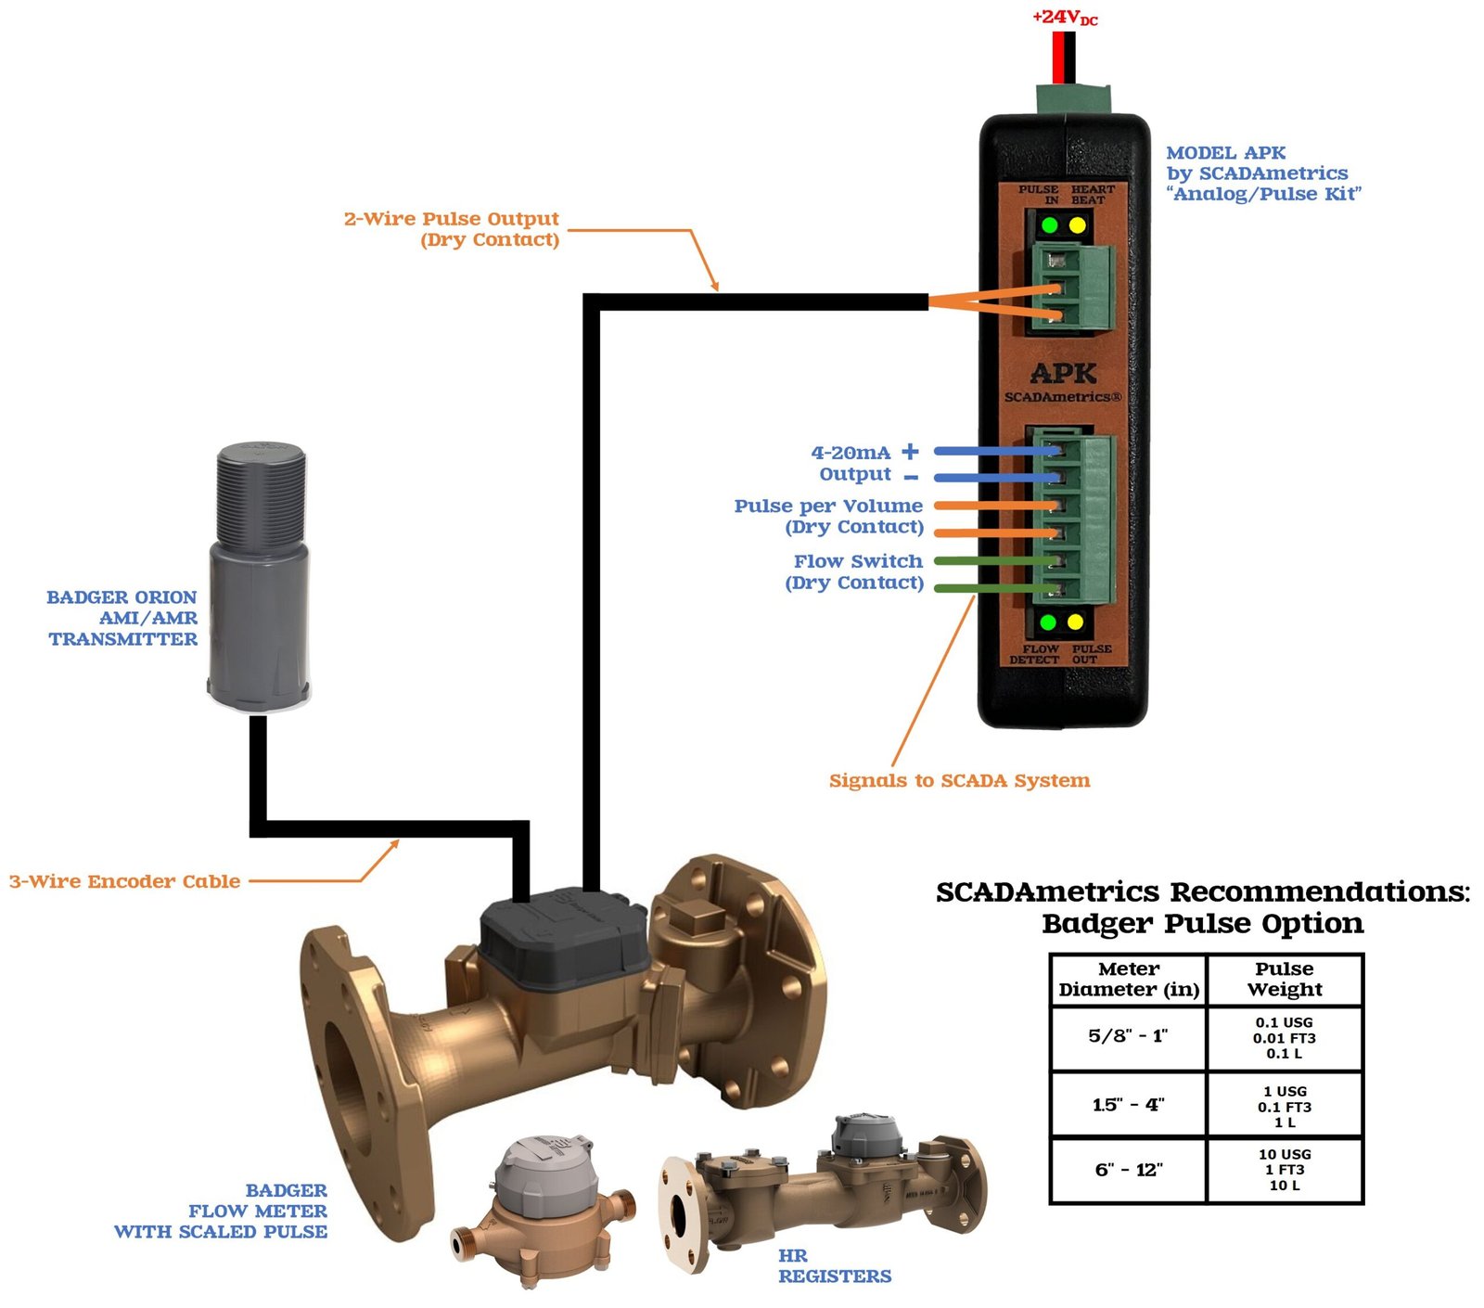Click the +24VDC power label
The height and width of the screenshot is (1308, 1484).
point(1064,18)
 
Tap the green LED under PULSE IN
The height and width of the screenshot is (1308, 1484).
point(1049,225)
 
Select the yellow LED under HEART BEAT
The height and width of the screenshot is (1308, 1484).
point(1077,225)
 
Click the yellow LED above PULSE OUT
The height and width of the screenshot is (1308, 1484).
point(1075,622)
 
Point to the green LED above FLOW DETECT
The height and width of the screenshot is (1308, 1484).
point(1048,622)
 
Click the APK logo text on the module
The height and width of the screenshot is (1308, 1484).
point(1063,374)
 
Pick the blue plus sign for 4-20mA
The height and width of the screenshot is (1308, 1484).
point(910,451)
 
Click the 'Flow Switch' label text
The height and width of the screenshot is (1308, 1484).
point(858,561)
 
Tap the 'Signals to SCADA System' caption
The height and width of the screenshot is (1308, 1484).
point(959,780)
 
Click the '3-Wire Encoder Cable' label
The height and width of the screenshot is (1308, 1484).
point(124,881)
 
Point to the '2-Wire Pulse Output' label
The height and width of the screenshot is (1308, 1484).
point(452,219)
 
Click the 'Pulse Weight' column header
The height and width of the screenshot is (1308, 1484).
point(1284,980)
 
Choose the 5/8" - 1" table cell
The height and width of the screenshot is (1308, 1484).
point(1128,1036)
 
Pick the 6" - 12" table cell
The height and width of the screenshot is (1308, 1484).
point(1128,1170)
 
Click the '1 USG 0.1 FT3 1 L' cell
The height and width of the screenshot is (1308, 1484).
point(1284,1106)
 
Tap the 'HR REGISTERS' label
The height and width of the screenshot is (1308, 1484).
point(834,1266)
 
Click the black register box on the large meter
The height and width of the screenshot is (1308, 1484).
point(562,936)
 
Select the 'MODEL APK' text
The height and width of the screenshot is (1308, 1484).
point(1225,153)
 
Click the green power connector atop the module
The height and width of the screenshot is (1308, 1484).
point(1074,98)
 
